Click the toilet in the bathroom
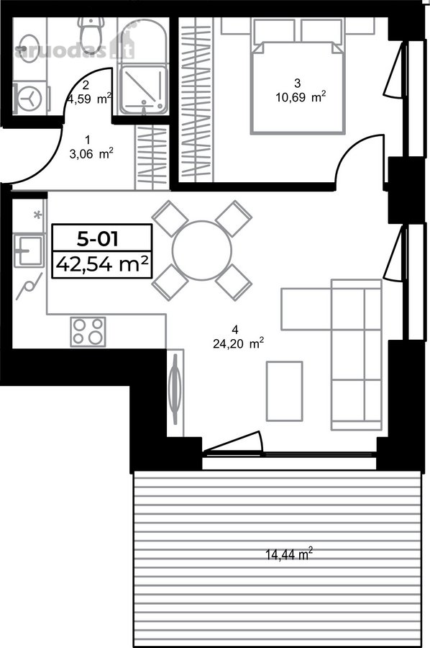pyautogui.click(x=91, y=37)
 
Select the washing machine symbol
pyautogui.click(x=29, y=99)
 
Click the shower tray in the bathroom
pyautogui.click(x=143, y=91)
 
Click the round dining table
pyautogui.click(x=202, y=251)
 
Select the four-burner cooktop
pyautogui.click(x=88, y=332)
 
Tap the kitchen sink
pyautogui.click(x=29, y=251)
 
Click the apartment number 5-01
pyautogui.click(x=98, y=239)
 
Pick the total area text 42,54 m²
pyautogui.click(x=102, y=264)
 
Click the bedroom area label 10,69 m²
pyautogui.click(x=301, y=97)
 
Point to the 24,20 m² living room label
pyautogui.click(x=239, y=343)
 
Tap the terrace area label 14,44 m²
pyautogui.click(x=289, y=554)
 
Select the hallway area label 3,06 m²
pyautogui.click(x=91, y=154)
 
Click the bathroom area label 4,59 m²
pyautogui.click(x=90, y=99)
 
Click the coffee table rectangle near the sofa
pyautogui.click(x=284, y=392)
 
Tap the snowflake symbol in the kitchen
pyautogui.click(x=37, y=215)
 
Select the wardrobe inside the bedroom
pyautogui.click(x=196, y=99)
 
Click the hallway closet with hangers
pyautogui.click(x=152, y=157)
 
